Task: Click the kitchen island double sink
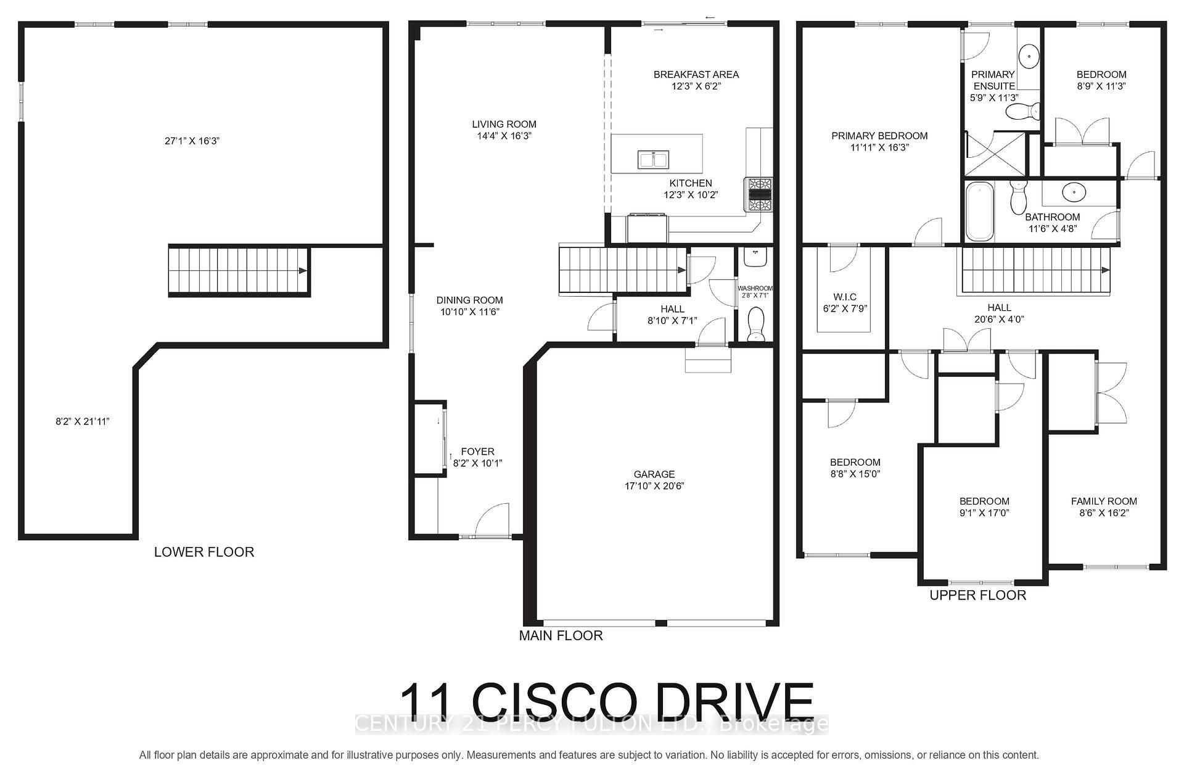(652, 160)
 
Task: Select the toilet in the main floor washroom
(755, 323)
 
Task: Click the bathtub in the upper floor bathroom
(979, 211)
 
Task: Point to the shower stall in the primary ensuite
(995, 154)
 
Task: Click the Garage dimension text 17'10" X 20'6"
(654, 486)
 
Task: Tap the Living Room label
(504, 124)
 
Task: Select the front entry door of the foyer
(492, 522)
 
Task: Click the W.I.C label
(844, 297)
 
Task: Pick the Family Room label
(1104, 501)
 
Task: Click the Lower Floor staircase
(238, 271)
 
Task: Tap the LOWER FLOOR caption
(203, 552)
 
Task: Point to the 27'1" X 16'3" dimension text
(192, 141)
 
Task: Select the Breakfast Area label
(696, 75)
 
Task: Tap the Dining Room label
(469, 300)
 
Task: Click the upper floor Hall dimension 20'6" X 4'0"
(998, 319)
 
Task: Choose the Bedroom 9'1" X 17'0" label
(984, 501)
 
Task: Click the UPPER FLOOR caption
(977, 595)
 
